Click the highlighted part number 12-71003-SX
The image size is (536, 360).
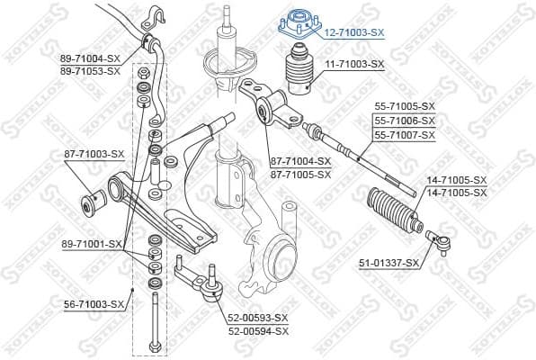point(353,31)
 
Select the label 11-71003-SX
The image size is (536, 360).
point(353,64)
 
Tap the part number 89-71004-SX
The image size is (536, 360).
point(90,58)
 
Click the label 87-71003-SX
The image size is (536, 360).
point(94,154)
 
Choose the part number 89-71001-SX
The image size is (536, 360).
point(94,243)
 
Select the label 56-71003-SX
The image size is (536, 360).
point(94,305)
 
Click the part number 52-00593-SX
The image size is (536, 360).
point(257,318)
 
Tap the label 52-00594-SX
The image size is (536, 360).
point(257,330)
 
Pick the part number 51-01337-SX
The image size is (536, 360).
point(389,263)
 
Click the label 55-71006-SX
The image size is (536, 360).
point(404,120)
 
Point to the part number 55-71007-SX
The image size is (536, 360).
point(404,134)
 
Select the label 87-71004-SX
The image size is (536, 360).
point(300,162)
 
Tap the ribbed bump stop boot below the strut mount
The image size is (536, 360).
point(299,77)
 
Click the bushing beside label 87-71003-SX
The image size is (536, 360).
point(92,202)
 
